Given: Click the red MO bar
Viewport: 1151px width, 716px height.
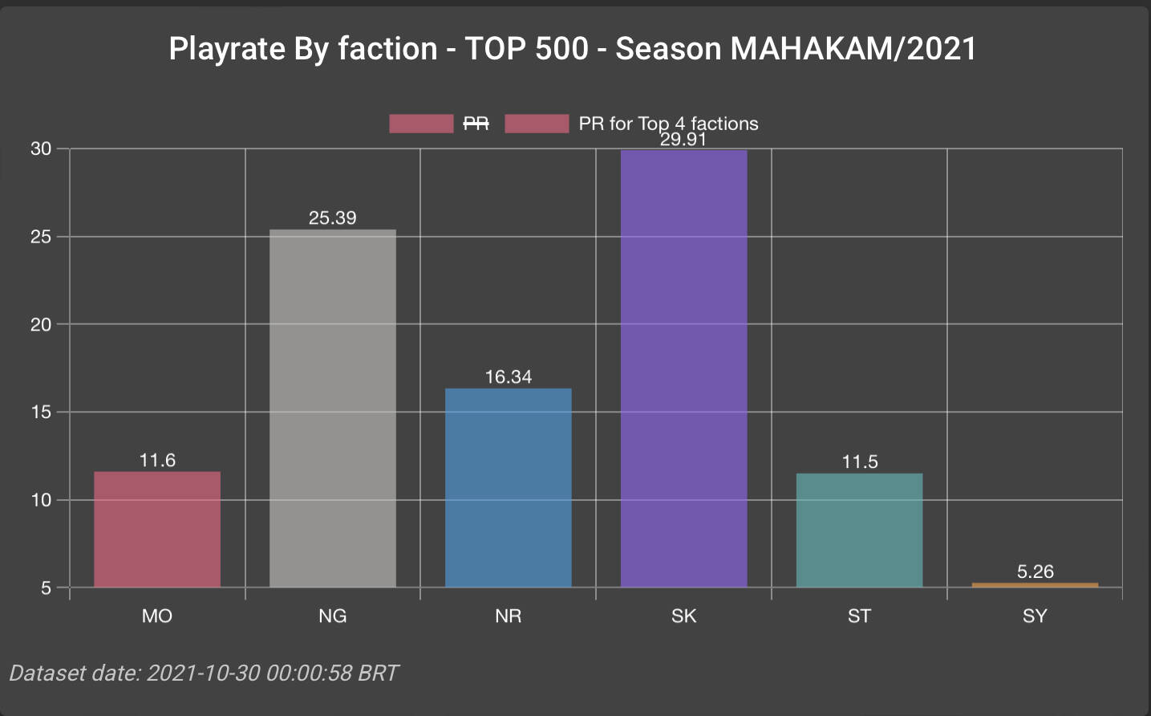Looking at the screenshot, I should point(157,529).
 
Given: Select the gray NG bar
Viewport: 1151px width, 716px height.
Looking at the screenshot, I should point(333,409).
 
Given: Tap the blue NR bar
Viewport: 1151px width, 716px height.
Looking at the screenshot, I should point(509,487).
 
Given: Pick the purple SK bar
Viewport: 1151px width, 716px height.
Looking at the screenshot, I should point(683,368).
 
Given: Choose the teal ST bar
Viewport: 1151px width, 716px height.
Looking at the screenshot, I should point(859,530).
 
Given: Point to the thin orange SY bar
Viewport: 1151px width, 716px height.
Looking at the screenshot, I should point(1035,585).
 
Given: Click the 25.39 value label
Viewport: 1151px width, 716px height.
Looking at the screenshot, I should point(333,218).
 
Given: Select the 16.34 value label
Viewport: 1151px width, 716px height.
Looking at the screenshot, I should point(509,376).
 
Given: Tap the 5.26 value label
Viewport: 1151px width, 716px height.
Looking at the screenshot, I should point(1035,572).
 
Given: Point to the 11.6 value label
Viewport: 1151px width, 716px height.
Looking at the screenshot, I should point(157,460).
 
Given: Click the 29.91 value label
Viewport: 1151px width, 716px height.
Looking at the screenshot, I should point(683,140).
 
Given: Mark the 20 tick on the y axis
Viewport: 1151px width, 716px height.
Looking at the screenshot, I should point(41,324).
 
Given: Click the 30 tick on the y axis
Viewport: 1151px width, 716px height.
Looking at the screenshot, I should point(41,148).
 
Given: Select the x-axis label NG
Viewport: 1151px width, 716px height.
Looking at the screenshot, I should point(333,616).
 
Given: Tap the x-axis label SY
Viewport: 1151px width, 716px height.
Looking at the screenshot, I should point(1035,616).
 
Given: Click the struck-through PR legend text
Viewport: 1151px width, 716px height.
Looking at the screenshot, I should point(476,124).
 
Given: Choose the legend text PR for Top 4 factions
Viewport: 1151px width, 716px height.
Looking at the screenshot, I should point(668,124).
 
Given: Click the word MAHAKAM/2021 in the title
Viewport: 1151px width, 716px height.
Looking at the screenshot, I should point(853,49).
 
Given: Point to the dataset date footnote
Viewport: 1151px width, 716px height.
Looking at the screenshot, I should point(204,673).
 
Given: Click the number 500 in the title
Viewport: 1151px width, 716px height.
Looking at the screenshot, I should point(561,49).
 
